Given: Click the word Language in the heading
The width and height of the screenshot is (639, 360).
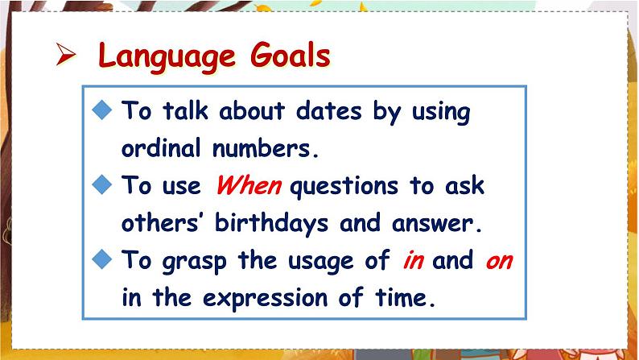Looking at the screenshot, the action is coord(167,56).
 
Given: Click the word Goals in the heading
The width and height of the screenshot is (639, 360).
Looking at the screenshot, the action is coord(291,54).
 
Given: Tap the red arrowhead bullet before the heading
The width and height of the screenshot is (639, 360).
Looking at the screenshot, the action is coord(66,54).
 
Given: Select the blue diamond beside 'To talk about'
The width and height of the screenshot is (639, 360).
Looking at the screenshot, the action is coord(102,110).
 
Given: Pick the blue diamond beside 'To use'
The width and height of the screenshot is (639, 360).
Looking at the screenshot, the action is coord(102,184).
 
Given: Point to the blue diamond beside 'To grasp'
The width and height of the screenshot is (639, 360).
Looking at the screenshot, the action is coord(102,259).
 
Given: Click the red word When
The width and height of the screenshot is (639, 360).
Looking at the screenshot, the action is coord(249,185).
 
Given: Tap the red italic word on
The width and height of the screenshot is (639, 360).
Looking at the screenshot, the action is coord(499,261).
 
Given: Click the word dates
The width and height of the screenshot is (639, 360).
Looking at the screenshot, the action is coord(328,110).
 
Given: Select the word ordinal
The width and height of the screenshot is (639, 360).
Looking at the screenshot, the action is coord(161,147).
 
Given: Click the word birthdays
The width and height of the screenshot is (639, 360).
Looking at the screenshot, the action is coord(271,224).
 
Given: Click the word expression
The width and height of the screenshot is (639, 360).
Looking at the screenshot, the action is coord(266,299).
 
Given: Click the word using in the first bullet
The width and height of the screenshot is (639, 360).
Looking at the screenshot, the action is coord(441,112).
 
